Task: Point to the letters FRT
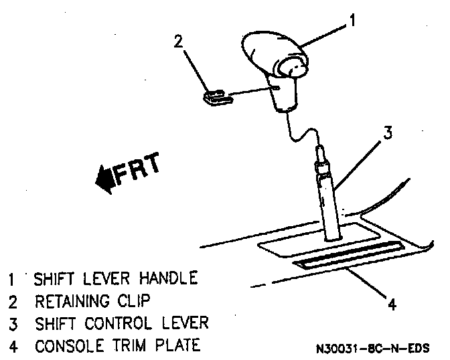137,169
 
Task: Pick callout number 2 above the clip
179,41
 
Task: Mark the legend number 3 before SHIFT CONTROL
13,324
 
